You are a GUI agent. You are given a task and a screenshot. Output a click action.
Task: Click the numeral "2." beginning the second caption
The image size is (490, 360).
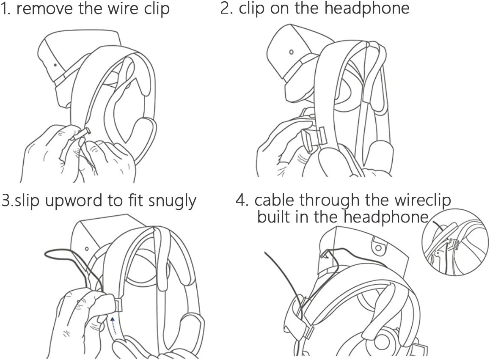click(228, 9)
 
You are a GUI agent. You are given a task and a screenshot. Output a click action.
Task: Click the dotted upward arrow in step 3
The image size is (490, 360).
click(113, 325)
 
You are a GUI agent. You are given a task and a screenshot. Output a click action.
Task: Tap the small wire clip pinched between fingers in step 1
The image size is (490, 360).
click(81, 135)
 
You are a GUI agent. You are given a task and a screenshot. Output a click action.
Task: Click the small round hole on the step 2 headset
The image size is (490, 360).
click(291, 52)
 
